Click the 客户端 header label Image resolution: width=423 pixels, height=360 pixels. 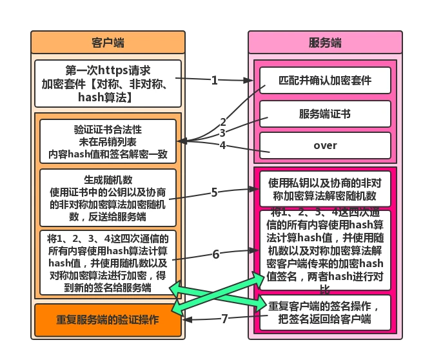point(108,43)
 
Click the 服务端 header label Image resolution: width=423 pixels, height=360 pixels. point(325,43)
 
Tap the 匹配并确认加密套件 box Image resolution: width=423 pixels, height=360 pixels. point(325,82)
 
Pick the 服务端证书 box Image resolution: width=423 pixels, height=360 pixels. point(325,114)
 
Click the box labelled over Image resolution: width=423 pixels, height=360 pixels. point(325,145)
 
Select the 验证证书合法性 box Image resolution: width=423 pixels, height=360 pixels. point(108,140)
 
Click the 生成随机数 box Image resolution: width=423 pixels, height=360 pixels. point(108,197)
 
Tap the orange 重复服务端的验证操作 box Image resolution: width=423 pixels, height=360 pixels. point(108,320)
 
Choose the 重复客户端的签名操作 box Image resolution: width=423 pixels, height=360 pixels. point(325,312)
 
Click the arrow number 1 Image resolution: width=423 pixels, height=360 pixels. point(215,81)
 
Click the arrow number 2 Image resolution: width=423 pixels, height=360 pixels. point(223,121)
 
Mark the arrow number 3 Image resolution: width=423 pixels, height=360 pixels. point(222,133)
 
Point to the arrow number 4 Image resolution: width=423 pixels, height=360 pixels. point(222,145)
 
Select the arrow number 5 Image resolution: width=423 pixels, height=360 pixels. point(215,192)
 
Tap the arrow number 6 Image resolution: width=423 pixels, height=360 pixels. point(216,254)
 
